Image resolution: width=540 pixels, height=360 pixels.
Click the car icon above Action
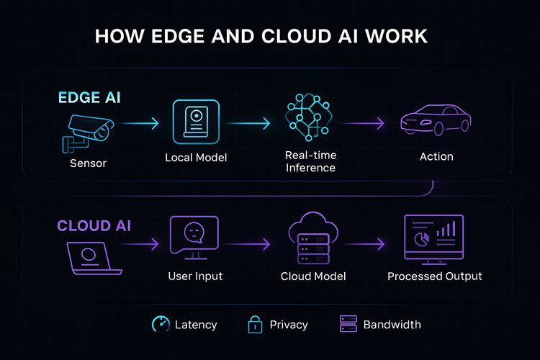click(435, 120)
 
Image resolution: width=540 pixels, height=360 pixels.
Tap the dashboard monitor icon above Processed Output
click(434, 239)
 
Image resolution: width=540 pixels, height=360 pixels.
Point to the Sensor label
click(88, 163)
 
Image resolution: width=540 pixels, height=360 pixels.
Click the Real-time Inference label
click(310, 162)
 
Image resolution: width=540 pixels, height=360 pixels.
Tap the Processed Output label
click(434, 276)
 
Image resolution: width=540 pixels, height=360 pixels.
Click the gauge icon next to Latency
click(161, 325)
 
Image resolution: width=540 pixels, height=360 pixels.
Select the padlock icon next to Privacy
click(254, 325)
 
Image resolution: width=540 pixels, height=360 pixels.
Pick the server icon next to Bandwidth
click(348, 325)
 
